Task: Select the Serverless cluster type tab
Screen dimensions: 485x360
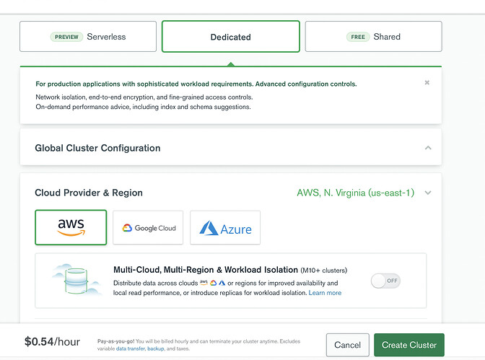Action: click(x=88, y=37)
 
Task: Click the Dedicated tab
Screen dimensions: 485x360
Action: click(x=231, y=37)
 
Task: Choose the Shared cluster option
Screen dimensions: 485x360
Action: click(x=373, y=37)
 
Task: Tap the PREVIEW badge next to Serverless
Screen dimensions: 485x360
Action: click(x=66, y=37)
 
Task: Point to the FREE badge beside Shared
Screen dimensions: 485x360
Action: click(x=358, y=37)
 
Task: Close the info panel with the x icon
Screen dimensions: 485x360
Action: click(x=427, y=82)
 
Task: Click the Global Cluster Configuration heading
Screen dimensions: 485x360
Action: click(x=97, y=148)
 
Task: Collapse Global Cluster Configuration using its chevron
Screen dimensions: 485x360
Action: click(x=428, y=148)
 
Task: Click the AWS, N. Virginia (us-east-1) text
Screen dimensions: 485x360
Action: click(x=355, y=193)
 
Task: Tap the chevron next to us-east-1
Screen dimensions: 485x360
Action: click(x=428, y=193)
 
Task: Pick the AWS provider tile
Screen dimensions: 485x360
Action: click(x=71, y=227)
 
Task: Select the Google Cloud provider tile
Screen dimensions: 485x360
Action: click(x=148, y=228)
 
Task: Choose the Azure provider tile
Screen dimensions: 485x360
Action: click(x=225, y=228)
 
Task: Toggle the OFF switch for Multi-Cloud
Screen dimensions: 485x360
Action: click(x=385, y=281)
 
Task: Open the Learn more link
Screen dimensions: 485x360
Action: click(x=325, y=293)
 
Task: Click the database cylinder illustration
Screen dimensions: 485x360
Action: click(x=76, y=281)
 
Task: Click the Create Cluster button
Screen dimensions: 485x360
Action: click(x=409, y=345)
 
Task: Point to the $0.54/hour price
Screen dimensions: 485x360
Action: click(x=52, y=342)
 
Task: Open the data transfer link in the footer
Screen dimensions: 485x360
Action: click(x=130, y=348)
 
